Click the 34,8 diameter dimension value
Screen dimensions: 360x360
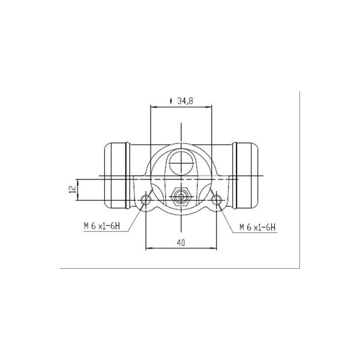[x=185, y=101]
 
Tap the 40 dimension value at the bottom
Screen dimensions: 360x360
[x=181, y=242]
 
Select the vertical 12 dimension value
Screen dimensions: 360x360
[x=73, y=189]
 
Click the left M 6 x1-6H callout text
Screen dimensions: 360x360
[x=102, y=226]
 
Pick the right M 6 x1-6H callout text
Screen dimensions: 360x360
[x=257, y=227]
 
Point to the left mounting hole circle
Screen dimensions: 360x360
[x=146, y=199]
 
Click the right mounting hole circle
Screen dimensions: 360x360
[x=216, y=200]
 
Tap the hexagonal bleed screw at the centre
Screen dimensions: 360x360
[x=181, y=197]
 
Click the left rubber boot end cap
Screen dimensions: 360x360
[x=115, y=175]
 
